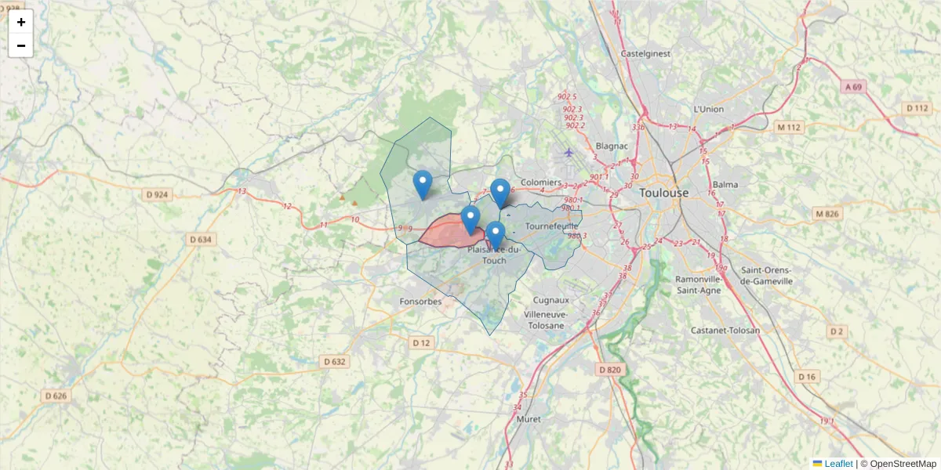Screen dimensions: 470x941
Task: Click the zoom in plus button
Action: tap(21, 22)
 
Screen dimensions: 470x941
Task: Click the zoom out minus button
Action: tap(21, 45)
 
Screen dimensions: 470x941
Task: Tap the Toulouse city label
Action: tap(663, 193)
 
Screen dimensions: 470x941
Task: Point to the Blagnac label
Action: tap(611, 145)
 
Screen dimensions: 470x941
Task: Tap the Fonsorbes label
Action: tap(420, 301)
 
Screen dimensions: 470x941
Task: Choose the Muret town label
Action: tap(529, 419)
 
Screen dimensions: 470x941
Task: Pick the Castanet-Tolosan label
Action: tap(725, 331)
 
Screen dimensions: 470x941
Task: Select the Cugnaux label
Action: tap(550, 300)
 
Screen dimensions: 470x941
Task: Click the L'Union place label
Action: tap(708, 109)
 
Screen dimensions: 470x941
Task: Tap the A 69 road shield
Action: tap(853, 86)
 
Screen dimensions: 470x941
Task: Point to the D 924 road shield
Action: tap(157, 193)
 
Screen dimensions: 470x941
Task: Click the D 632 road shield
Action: tap(334, 361)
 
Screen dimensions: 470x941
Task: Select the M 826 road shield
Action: tap(827, 213)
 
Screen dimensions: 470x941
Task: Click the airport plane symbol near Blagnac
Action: tap(569, 152)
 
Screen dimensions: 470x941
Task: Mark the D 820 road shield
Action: tap(609, 369)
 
